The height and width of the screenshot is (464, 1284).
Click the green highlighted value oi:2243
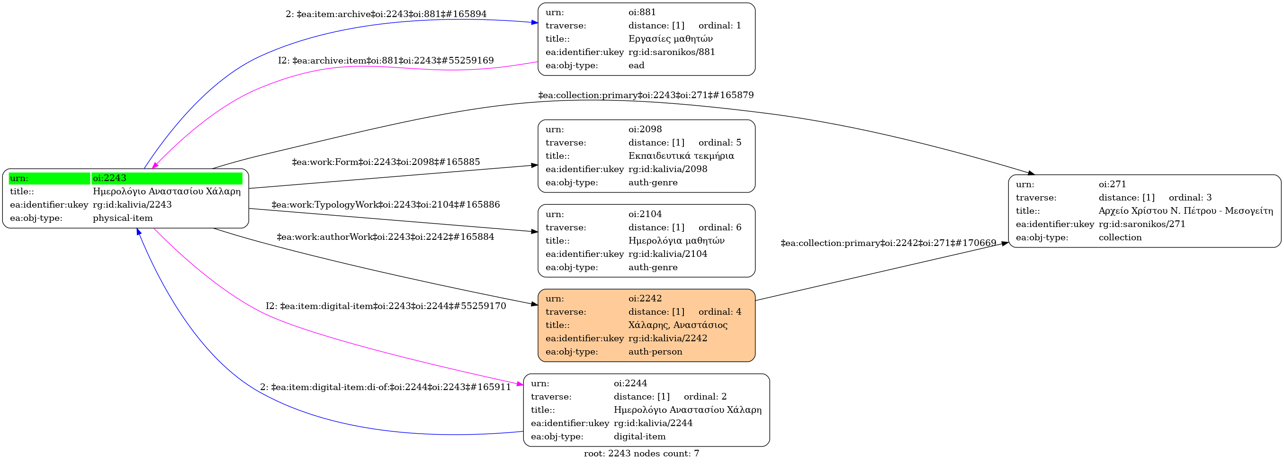pyautogui.click(x=109, y=178)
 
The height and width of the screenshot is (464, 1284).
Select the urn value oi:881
pyautogui.click(x=642, y=12)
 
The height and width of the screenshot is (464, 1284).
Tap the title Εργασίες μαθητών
pyautogui.click(x=670, y=38)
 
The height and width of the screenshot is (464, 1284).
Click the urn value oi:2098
pyautogui.click(x=645, y=129)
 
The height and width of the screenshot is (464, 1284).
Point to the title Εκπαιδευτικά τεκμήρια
pyautogui.click(x=681, y=155)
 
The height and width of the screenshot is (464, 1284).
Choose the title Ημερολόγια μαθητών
pyautogui.click(x=676, y=240)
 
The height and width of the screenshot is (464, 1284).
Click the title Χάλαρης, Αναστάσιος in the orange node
pyautogui.click(x=678, y=325)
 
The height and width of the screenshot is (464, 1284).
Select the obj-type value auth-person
pyautogui.click(x=655, y=352)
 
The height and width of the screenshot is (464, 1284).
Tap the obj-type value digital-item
pyautogui.click(x=639, y=437)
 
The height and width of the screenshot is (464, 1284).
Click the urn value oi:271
pyautogui.click(x=1113, y=184)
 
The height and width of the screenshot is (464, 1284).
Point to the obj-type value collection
pyautogui.click(x=1120, y=237)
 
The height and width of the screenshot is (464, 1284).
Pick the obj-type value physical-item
pyautogui.click(x=123, y=218)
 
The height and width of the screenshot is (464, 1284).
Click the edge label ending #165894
pyautogui.click(x=386, y=14)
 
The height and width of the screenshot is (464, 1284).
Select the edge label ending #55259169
pyautogui.click(x=386, y=60)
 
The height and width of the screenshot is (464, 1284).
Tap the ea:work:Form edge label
pyautogui.click(x=386, y=162)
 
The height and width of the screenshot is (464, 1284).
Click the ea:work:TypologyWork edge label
pyautogui.click(x=386, y=204)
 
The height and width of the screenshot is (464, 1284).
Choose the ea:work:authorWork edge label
pyautogui.click(x=386, y=237)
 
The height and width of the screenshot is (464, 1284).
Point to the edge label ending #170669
pyautogui.click(x=888, y=243)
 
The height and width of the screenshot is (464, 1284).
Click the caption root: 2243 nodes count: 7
pyautogui.click(x=641, y=454)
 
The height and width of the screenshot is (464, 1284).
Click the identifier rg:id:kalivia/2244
pyautogui.click(x=653, y=423)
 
